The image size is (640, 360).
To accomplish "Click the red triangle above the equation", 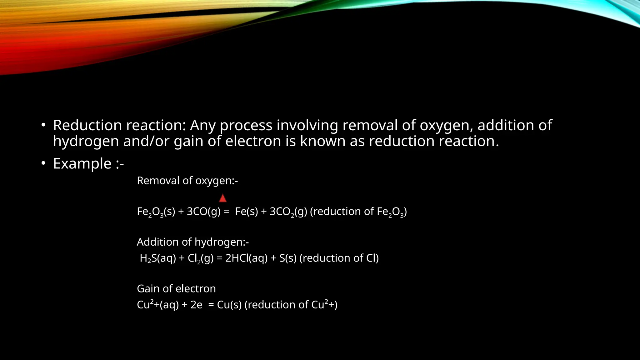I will click(x=222, y=198).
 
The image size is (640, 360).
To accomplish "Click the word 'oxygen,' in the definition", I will click(x=446, y=125).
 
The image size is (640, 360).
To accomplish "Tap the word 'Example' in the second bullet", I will click(x=82, y=163).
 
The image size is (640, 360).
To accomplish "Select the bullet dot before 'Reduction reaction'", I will click(x=43, y=125).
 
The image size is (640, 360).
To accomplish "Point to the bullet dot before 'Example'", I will click(x=43, y=163).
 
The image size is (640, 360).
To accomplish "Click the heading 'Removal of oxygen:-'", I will click(x=187, y=181).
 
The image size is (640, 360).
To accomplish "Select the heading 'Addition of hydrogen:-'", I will click(x=193, y=242).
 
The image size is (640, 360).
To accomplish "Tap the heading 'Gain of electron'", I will click(x=176, y=288).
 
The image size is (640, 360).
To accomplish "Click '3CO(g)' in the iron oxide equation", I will click(x=203, y=212).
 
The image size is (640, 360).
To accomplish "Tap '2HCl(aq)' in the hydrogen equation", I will click(x=246, y=258).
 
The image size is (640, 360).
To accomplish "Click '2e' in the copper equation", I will click(x=196, y=305).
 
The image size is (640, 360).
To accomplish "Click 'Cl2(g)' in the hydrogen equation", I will click(x=201, y=258).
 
